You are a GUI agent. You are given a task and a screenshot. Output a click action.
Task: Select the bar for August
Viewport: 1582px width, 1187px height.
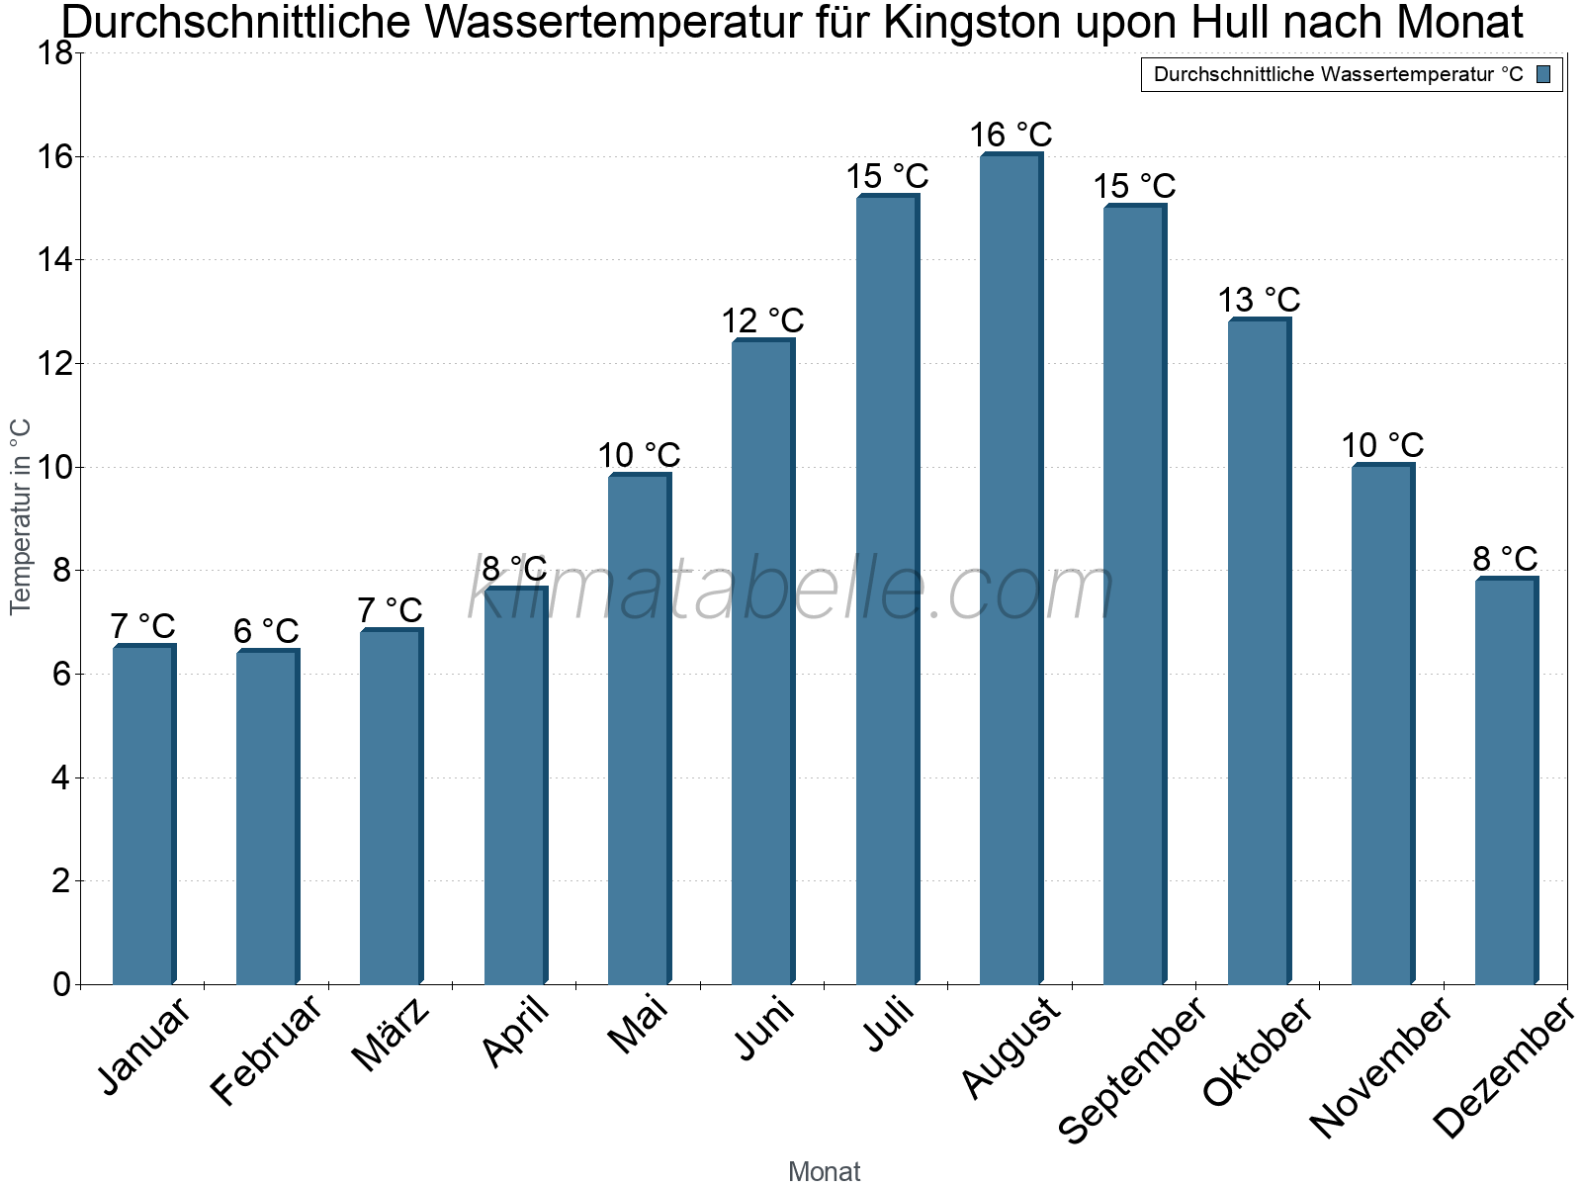pos(1011,569)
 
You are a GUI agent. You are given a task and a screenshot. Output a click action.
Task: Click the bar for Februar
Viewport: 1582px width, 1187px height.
pos(267,816)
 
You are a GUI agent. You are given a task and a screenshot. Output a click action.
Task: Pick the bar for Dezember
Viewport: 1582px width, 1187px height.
pos(1506,781)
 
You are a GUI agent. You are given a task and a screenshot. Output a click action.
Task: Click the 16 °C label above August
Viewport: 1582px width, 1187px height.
pos(1011,135)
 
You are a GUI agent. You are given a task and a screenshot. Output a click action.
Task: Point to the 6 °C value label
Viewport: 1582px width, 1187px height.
pos(266,631)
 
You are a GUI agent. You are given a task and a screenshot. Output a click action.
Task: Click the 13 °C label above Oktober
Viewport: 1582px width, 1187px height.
pos(1259,299)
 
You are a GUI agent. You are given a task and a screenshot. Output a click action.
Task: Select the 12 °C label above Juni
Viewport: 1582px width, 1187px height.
pos(762,320)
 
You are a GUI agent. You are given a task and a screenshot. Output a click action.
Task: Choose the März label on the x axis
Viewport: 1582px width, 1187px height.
pos(391,1035)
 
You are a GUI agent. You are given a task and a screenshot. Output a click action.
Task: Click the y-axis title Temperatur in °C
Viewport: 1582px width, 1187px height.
pos(21,516)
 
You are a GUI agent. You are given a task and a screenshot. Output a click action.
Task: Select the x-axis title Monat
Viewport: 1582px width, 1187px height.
pos(824,1171)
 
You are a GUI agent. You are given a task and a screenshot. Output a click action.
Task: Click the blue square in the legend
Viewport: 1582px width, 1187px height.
pos(1543,74)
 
